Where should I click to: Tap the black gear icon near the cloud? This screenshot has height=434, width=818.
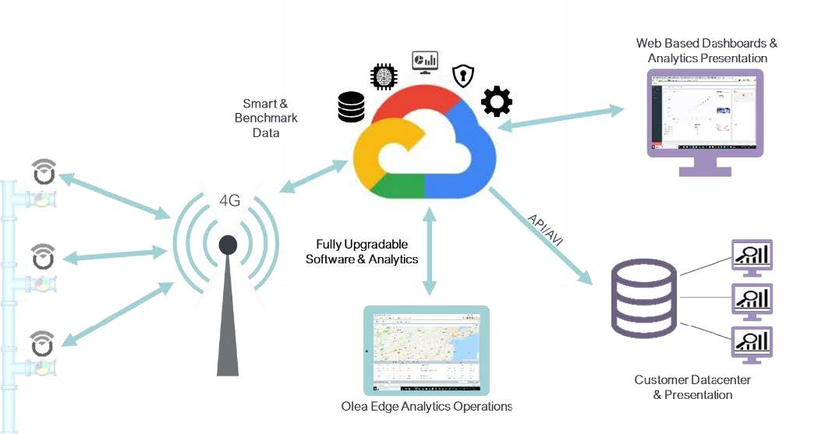pyautogui.click(x=496, y=103)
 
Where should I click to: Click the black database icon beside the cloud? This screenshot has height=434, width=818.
pyautogui.click(x=351, y=107)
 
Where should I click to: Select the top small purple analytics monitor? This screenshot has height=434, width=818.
pyautogui.click(x=751, y=256)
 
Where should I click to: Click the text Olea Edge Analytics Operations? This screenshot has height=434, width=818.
pyautogui.click(x=427, y=406)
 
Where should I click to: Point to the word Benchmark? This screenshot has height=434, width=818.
pyautogui.click(x=265, y=118)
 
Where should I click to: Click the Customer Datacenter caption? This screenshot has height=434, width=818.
pyautogui.click(x=683, y=380)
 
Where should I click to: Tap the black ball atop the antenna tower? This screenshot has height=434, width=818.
pyautogui.click(x=228, y=245)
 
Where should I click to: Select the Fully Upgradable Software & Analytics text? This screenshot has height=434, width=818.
pyautogui.click(x=362, y=251)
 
